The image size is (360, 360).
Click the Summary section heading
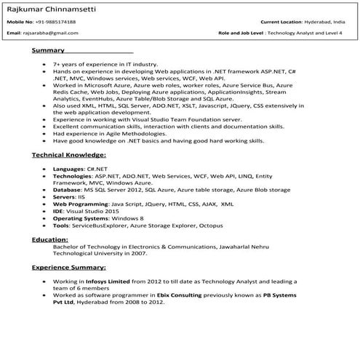point(48,52)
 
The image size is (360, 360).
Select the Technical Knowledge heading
point(69,155)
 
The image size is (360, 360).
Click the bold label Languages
point(68,168)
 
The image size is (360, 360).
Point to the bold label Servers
point(65,196)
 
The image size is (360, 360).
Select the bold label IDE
point(58,212)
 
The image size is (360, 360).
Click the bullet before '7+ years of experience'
point(45,65)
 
